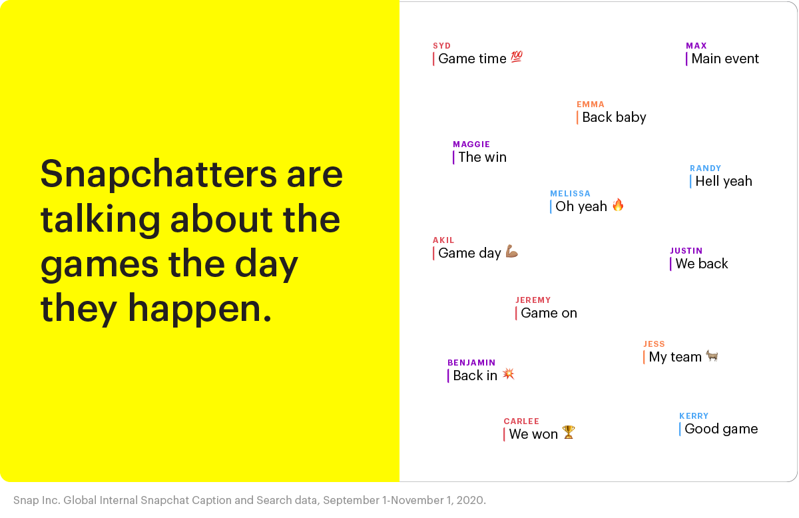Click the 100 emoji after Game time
[517, 57]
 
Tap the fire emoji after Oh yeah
[618, 205]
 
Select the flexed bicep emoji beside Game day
[511, 251]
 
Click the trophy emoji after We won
[569, 432]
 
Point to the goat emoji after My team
[712, 356]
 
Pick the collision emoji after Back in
[508, 374]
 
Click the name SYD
[442, 46]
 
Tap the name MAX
[696, 46]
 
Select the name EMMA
[591, 105]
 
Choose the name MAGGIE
[471, 144]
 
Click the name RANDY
[706, 168]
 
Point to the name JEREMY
[533, 300]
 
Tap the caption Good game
[721, 429]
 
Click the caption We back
[702, 264]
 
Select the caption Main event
[725, 59]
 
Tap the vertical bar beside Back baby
[577, 117]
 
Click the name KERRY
[694, 416]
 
